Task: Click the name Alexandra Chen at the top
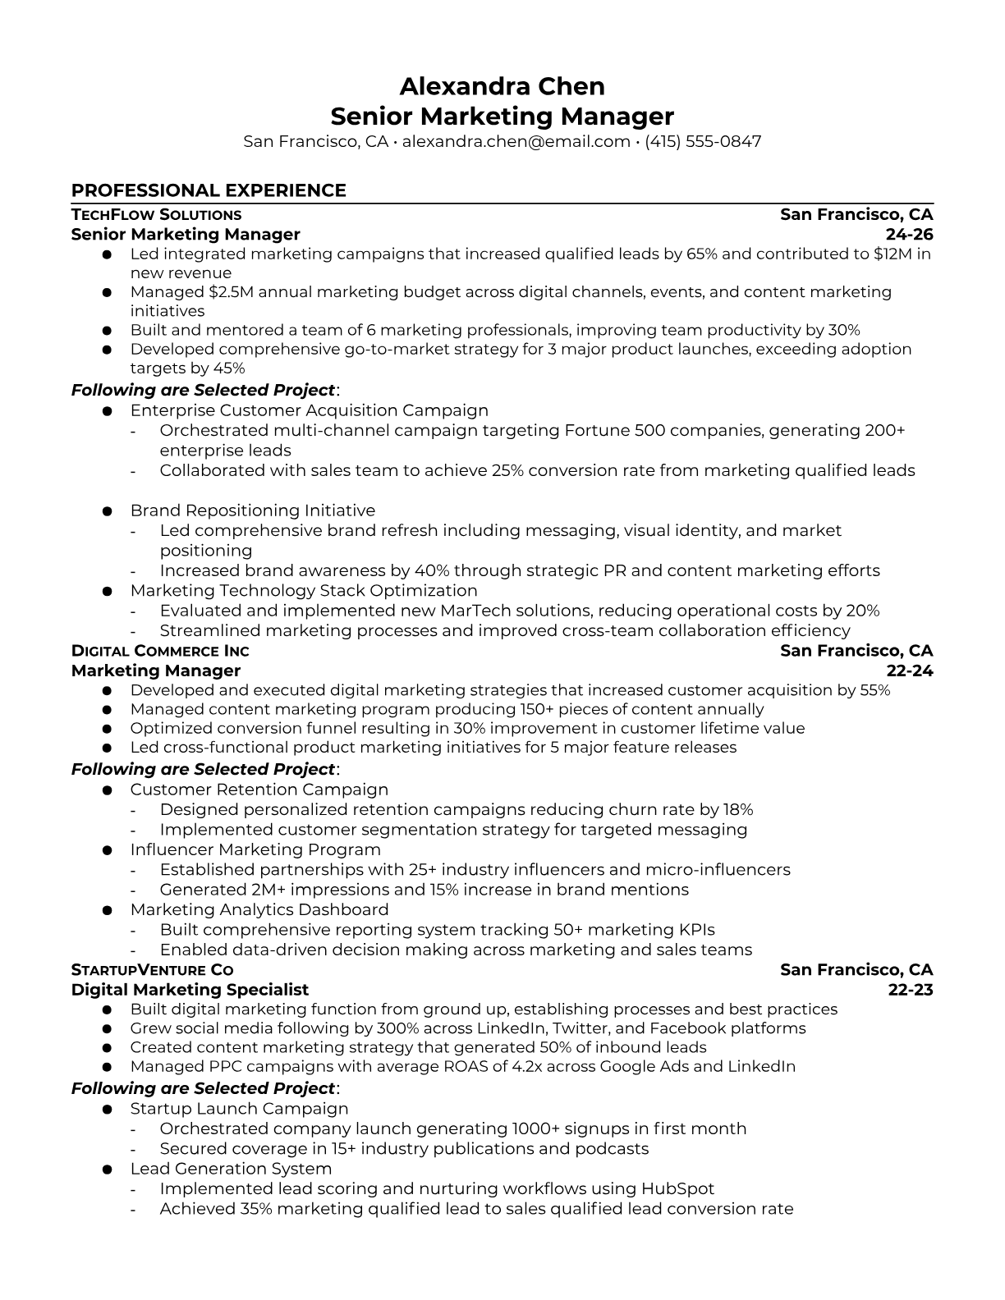[x=502, y=86]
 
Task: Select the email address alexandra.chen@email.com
[x=516, y=141]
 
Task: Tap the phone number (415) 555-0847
[x=703, y=141]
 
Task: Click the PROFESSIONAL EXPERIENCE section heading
[x=209, y=190]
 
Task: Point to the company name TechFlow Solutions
[x=156, y=215]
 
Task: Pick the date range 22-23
[x=911, y=990]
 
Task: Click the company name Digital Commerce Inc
[x=160, y=652]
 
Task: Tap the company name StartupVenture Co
[x=152, y=970]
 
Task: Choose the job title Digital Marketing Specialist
[x=190, y=990]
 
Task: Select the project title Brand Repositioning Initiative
[x=252, y=510]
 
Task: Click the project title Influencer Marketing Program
[x=255, y=849]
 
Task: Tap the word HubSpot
[x=677, y=1188]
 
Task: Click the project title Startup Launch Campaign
[x=239, y=1109]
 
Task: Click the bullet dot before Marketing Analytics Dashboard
[x=107, y=910]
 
